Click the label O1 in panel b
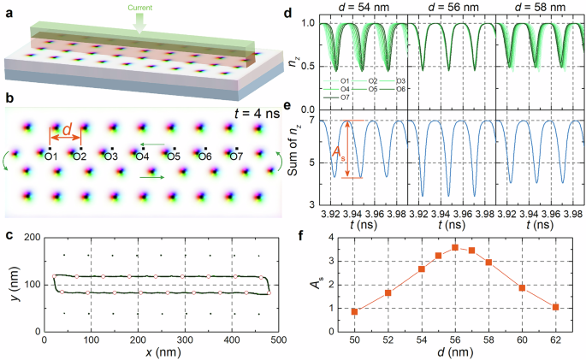[50, 156]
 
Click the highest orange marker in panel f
[455, 248]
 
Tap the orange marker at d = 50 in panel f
[355, 311]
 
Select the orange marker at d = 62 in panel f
[556, 307]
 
